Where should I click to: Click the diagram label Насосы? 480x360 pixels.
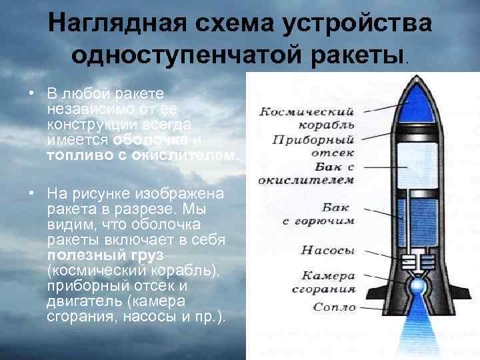(x=328, y=251)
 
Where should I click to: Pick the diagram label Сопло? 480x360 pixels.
(x=334, y=307)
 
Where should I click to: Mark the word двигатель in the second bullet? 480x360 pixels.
(x=75, y=301)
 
